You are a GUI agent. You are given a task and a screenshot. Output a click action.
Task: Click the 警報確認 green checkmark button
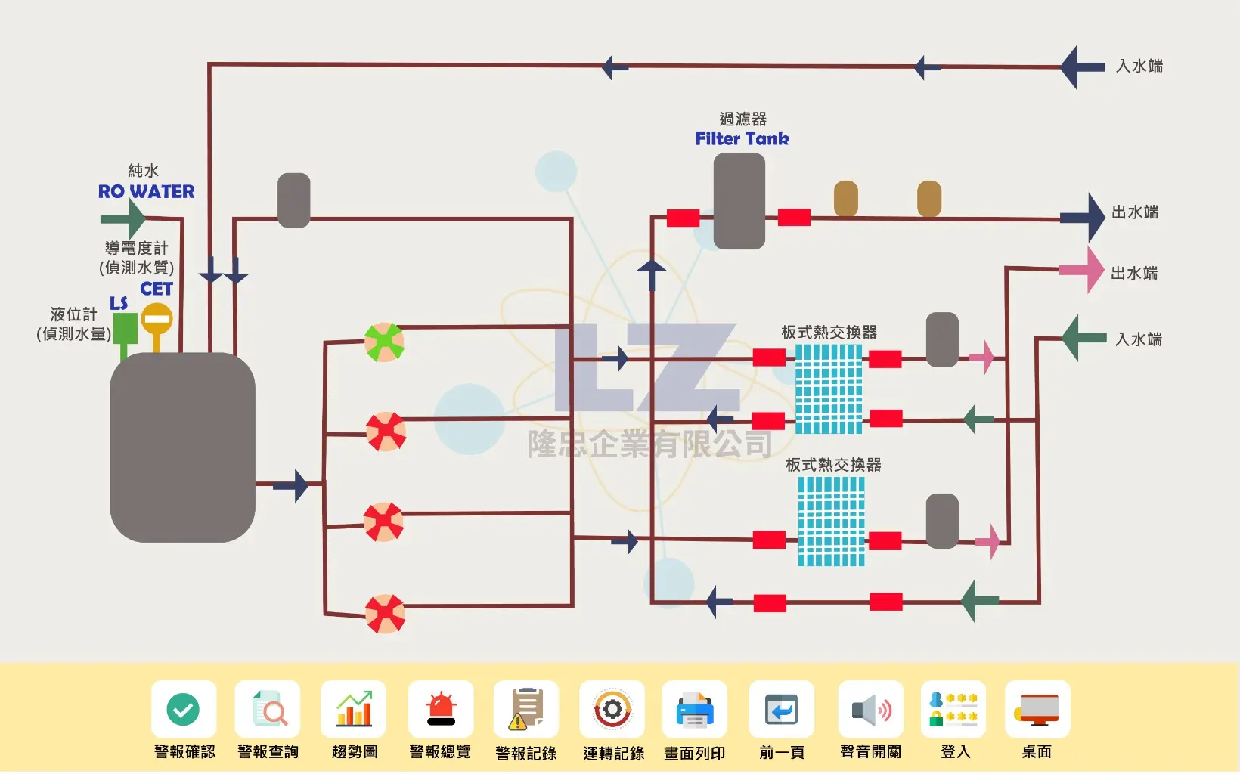point(183,709)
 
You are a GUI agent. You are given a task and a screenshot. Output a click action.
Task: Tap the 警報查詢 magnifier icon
point(268,709)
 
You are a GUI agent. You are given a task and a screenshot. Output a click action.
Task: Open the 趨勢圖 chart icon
point(354,709)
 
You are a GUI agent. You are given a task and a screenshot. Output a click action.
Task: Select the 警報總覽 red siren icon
point(441,709)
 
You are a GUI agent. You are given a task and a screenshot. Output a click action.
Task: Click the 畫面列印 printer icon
point(695,709)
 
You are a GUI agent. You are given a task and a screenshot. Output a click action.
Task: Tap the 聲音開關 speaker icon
point(871,709)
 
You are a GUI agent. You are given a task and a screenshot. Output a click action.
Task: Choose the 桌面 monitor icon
point(1037,709)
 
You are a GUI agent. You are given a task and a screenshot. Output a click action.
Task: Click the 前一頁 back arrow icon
point(781,709)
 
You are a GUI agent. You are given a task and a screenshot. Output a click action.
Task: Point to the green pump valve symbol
point(384,342)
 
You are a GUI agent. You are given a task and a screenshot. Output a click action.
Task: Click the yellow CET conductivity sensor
point(157,320)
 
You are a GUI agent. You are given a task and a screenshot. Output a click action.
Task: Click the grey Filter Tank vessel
point(739,201)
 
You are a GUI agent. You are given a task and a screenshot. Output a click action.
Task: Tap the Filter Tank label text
point(742,138)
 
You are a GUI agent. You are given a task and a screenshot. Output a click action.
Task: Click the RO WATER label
point(146,191)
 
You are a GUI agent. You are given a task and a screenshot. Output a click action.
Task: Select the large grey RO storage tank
point(182,447)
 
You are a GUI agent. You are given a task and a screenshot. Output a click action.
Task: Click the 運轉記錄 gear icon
point(612,709)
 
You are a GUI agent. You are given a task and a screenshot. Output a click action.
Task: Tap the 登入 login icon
point(953,709)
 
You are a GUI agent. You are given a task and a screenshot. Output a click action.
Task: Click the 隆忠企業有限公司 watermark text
point(649,444)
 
